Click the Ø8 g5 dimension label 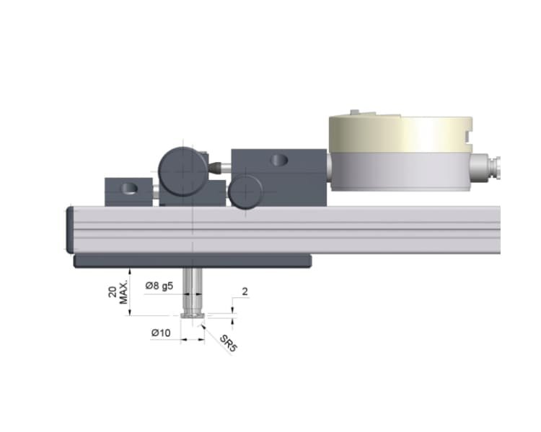159,286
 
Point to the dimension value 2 245,293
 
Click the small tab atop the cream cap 354,112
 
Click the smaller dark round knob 246,192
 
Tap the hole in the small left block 128,189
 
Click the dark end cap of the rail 70,229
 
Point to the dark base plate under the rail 192,260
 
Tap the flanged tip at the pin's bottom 193,315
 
